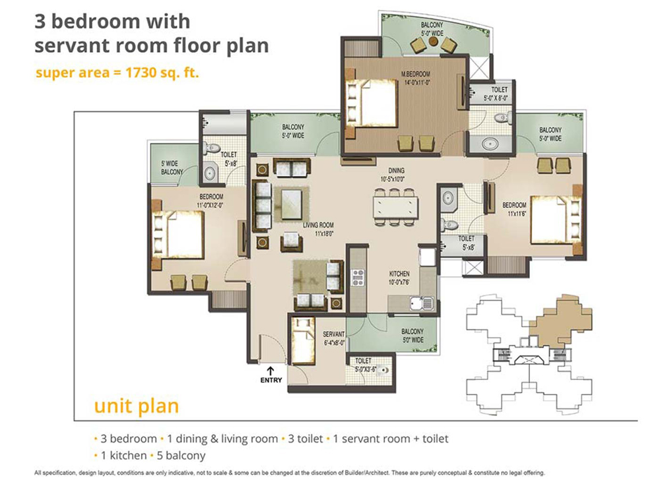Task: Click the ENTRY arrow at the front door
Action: [x=270, y=371]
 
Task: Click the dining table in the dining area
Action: [x=395, y=208]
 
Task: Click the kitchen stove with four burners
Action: [x=358, y=278]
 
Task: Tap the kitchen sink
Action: [x=422, y=303]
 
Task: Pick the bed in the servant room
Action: [x=303, y=341]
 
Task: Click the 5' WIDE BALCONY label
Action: [x=172, y=167]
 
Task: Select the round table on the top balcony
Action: [x=432, y=41]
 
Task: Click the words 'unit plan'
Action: [x=137, y=406]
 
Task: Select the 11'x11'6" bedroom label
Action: [x=514, y=209]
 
